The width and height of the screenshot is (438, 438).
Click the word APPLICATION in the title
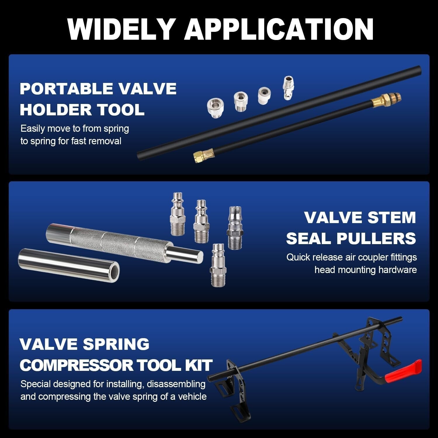tap(279, 29)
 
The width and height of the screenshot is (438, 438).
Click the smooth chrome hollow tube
tap(69, 265)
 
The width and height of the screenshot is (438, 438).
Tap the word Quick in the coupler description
tap(298, 257)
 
